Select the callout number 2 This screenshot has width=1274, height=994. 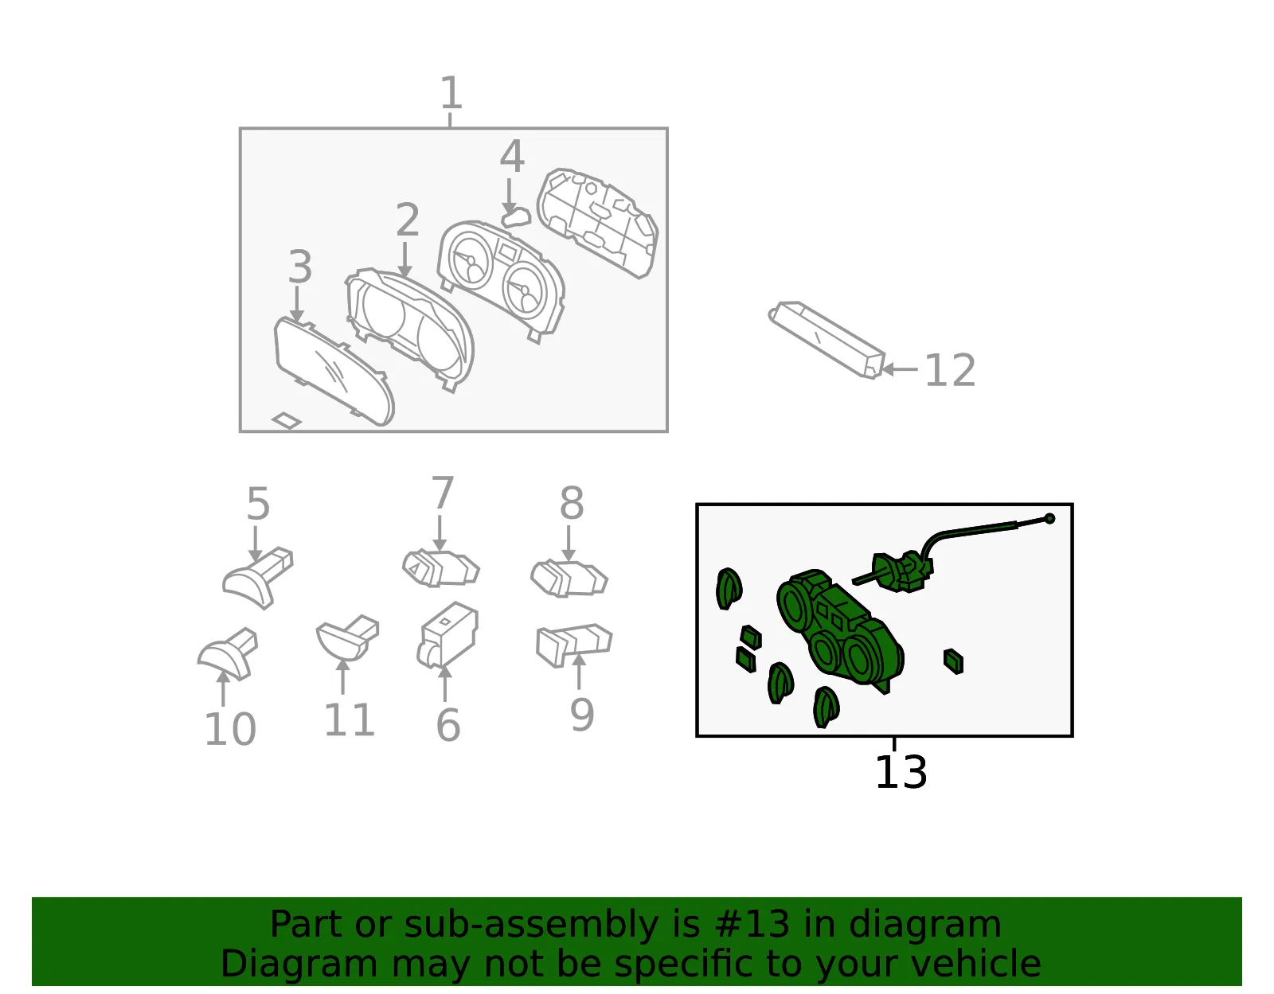pyautogui.click(x=408, y=220)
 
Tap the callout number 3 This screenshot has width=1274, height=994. pyautogui.click(x=299, y=267)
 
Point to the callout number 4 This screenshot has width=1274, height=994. pyautogui.click(x=512, y=157)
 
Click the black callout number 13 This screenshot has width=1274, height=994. pyautogui.click(x=901, y=772)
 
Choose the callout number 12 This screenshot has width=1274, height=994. pyautogui.click(x=950, y=370)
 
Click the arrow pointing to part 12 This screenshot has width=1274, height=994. pyautogui.click(x=900, y=369)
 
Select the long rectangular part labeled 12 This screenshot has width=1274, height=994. pyautogui.click(x=827, y=340)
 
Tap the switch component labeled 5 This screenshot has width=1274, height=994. pyautogui.click(x=258, y=578)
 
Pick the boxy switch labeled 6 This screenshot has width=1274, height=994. pyautogui.click(x=448, y=636)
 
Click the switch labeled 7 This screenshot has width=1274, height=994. pyautogui.click(x=441, y=568)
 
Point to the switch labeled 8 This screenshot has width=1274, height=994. pyautogui.click(x=569, y=578)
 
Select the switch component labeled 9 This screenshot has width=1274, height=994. pyautogui.click(x=575, y=645)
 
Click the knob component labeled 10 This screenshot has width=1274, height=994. pyautogui.click(x=228, y=654)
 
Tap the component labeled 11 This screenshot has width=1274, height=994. pyautogui.click(x=348, y=638)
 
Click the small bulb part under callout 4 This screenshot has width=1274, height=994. pyautogui.click(x=516, y=217)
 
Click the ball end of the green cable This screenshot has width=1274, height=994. pyautogui.click(x=1050, y=518)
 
